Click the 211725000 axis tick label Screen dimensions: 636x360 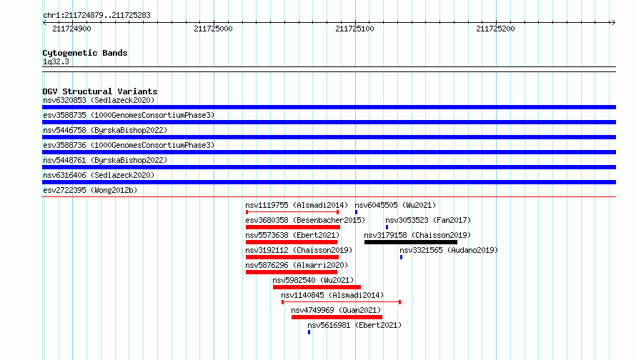click(213, 29)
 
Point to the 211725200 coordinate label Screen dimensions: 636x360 click(495, 29)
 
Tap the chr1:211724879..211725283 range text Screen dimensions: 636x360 click(96, 16)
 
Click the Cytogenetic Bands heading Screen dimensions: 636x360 click(85, 53)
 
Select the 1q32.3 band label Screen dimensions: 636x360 click(56, 61)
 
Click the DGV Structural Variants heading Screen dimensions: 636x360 click(100, 91)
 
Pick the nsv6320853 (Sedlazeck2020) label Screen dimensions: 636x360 click(99, 100)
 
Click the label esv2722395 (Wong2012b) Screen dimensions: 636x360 click(90, 190)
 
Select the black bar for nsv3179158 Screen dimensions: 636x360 click(411, 242)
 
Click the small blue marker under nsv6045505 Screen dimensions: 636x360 click(356, 212)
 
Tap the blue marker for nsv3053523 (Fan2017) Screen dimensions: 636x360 click(387, 227)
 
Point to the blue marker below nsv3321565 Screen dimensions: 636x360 click(401, 257)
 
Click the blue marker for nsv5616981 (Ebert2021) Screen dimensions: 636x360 click(309, 332)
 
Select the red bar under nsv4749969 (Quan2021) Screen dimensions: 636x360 click(337, 317)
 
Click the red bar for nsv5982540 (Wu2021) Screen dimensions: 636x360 click(317, 287)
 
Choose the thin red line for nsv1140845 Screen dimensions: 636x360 click(341, 302)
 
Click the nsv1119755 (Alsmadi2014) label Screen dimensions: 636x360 click(297, 205)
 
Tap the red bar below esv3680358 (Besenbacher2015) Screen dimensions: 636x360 click(293, 227)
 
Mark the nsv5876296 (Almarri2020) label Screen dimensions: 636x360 click(297, 265)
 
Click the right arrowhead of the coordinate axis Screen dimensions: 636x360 click(614, 22)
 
